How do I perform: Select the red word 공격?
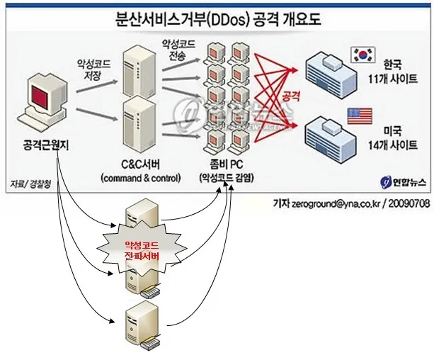(x=291, y=94)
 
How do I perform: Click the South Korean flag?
(x=361, y=55)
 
